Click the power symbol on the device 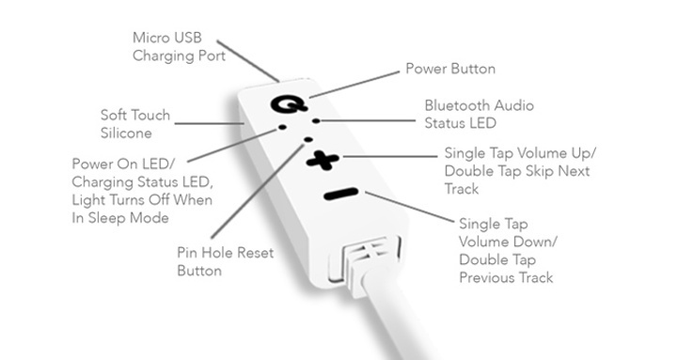(x=284, y=102)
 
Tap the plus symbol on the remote (x=321, y=161)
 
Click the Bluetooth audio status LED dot (x=316, y=121)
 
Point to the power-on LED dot (x=280, y=127)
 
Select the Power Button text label (x=449, y=69)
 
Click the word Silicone (x=127, y=133)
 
